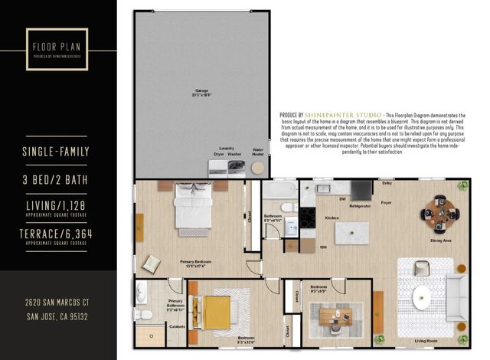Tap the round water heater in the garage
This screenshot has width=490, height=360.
[x=259, y=168]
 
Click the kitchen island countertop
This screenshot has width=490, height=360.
[x=351, y=233]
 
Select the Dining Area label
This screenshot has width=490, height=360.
[x=441, y=241]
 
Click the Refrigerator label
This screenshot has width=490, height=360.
[x=359, y=206]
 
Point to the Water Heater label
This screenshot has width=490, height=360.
[x=259, y=151]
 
